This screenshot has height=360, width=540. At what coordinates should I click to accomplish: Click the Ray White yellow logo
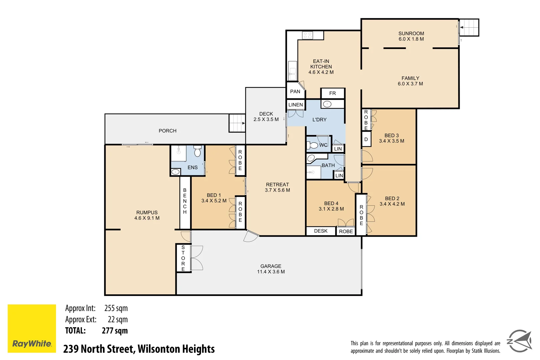point(32,328)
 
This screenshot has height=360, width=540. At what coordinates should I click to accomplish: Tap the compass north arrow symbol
point(519,341)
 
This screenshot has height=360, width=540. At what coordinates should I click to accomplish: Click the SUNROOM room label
point(411,33)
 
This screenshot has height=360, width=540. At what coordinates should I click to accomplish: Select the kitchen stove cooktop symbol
point(307,35)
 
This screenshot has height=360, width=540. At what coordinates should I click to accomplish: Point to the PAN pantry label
point(295,91)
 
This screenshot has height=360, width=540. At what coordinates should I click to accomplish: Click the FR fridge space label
point(332,93)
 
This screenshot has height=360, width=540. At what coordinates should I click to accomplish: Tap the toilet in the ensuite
point(197,152)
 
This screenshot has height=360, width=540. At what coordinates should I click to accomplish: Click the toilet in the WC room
point(313,145)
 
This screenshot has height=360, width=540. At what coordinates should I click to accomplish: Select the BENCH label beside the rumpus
point(185,201)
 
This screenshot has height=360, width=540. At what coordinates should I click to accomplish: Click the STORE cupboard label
point(183,258)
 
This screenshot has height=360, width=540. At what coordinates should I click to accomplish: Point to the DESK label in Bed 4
point(321,231)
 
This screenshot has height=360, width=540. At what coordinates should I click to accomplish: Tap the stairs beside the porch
point(237,123)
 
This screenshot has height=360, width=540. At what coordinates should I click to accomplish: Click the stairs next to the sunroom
point(469,27)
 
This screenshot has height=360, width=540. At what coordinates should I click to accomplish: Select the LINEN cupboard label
point(296,105)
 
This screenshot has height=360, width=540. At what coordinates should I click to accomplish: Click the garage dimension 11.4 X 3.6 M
point(271,272)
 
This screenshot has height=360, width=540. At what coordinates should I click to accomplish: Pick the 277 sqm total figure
point(115,331)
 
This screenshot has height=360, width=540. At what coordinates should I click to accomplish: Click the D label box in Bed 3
point(366,139)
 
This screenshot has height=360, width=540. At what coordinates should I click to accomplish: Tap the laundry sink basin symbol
point(327,104)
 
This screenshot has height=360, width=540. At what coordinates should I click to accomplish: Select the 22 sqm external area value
point(118,319)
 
